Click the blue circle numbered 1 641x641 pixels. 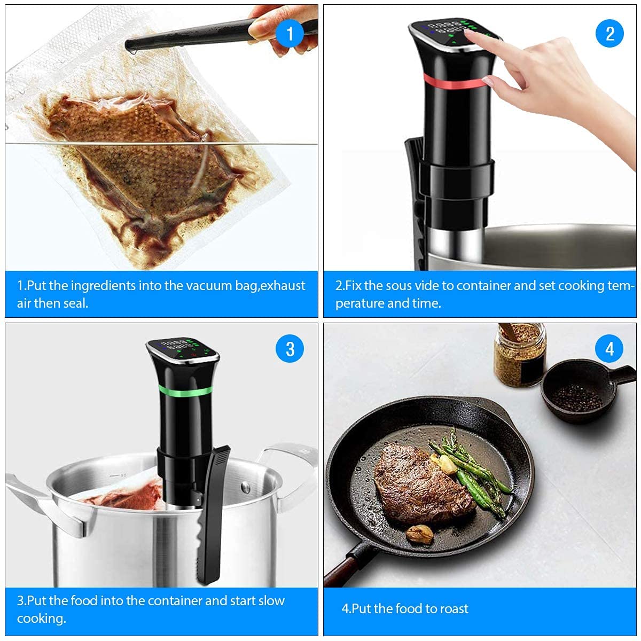[x=290, y=33]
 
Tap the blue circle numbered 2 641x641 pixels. [x=609, y=33]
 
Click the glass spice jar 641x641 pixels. [x=519, y=355]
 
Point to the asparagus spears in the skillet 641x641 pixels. [x=470, y=470]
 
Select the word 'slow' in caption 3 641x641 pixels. [x=272, y=601]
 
